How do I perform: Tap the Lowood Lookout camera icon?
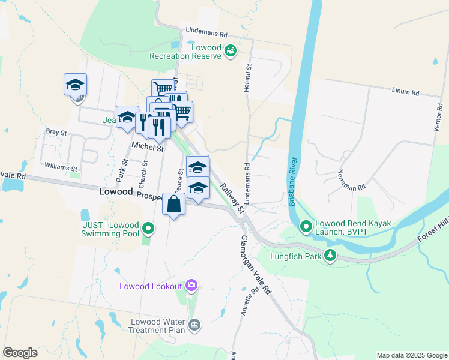191,285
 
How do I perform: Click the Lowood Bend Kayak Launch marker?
306,227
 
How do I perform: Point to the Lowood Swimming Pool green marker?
148,228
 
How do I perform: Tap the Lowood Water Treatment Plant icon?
194,325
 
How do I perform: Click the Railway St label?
232,199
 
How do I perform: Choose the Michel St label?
148,147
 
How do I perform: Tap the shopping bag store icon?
173,204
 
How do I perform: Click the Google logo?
20,353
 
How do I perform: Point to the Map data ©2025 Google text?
411,355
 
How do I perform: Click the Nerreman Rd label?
352,179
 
